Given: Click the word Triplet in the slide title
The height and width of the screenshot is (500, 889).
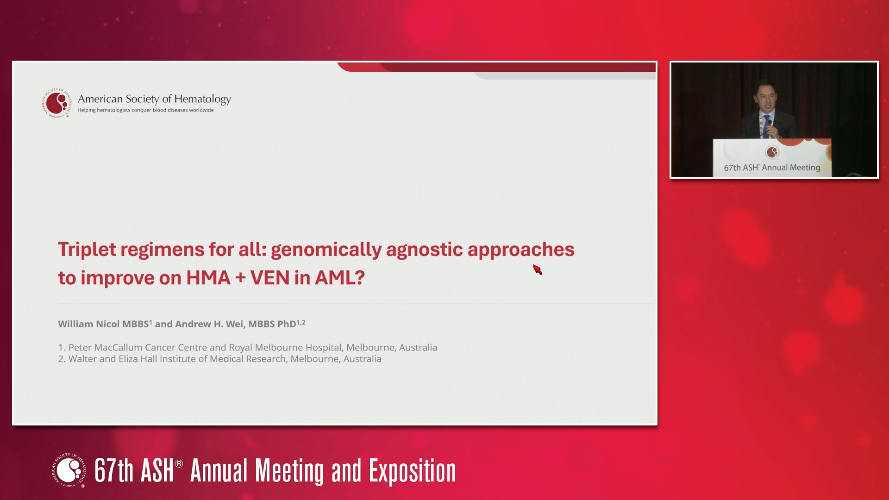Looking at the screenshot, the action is pos(87,250).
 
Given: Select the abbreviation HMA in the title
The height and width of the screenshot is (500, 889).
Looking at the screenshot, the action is pos(208,278).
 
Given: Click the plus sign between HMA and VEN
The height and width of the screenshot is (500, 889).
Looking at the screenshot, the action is pos(240,278).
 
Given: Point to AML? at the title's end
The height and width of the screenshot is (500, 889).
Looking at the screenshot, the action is pos(340,278).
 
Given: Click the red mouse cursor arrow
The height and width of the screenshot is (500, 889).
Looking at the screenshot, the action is pos(537,269).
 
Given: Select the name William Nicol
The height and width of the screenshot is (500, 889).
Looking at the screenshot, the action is pos(89,324).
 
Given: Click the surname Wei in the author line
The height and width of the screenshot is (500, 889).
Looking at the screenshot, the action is pos(235,324).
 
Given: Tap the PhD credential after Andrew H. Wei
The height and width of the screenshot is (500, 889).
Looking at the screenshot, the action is pos(287,324).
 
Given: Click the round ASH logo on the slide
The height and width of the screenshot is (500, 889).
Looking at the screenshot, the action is pos(56,103).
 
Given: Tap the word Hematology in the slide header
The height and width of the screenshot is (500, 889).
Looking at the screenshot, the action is pos(202,99).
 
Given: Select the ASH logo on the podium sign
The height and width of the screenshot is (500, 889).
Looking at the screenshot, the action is pos(772,152).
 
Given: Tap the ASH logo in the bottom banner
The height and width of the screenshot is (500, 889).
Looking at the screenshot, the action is pos(69,470).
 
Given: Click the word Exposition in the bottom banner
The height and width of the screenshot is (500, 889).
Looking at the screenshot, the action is pos(412,471).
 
